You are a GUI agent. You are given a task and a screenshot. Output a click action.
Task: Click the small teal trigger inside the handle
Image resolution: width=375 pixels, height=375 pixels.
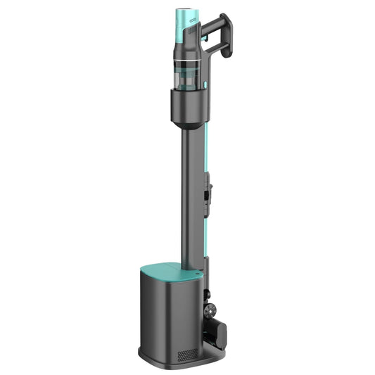(205, 31)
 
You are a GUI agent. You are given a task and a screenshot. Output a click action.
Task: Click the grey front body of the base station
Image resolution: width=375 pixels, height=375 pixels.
(169, 317)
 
